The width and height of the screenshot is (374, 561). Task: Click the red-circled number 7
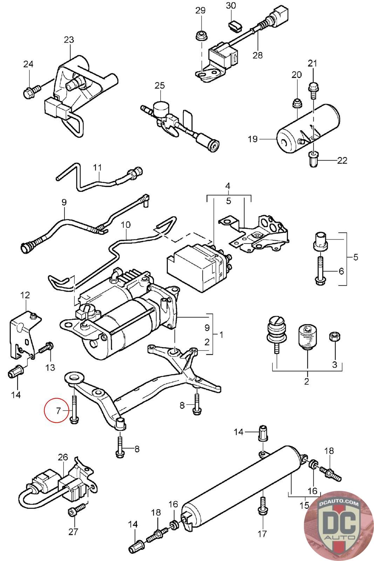click(x=59, y=410)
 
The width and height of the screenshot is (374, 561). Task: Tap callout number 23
click(x=69, y=40)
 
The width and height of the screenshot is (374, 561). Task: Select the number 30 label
click(x=231, y=6)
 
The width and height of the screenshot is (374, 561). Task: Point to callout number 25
click(x=159, y=85)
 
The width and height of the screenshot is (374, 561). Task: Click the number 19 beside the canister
click(x=253, y=139)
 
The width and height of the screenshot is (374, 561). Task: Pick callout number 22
click(x=342, y=161)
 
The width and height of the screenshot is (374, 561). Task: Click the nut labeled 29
click(x=200, y=35)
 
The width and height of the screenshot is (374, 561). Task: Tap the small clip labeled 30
click(x=233, y=26)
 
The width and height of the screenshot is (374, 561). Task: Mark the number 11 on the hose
click(x=97, y=167)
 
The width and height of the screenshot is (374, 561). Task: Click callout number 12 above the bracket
click(x=25, y=295)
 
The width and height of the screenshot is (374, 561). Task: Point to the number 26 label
click(x=63, y=457)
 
